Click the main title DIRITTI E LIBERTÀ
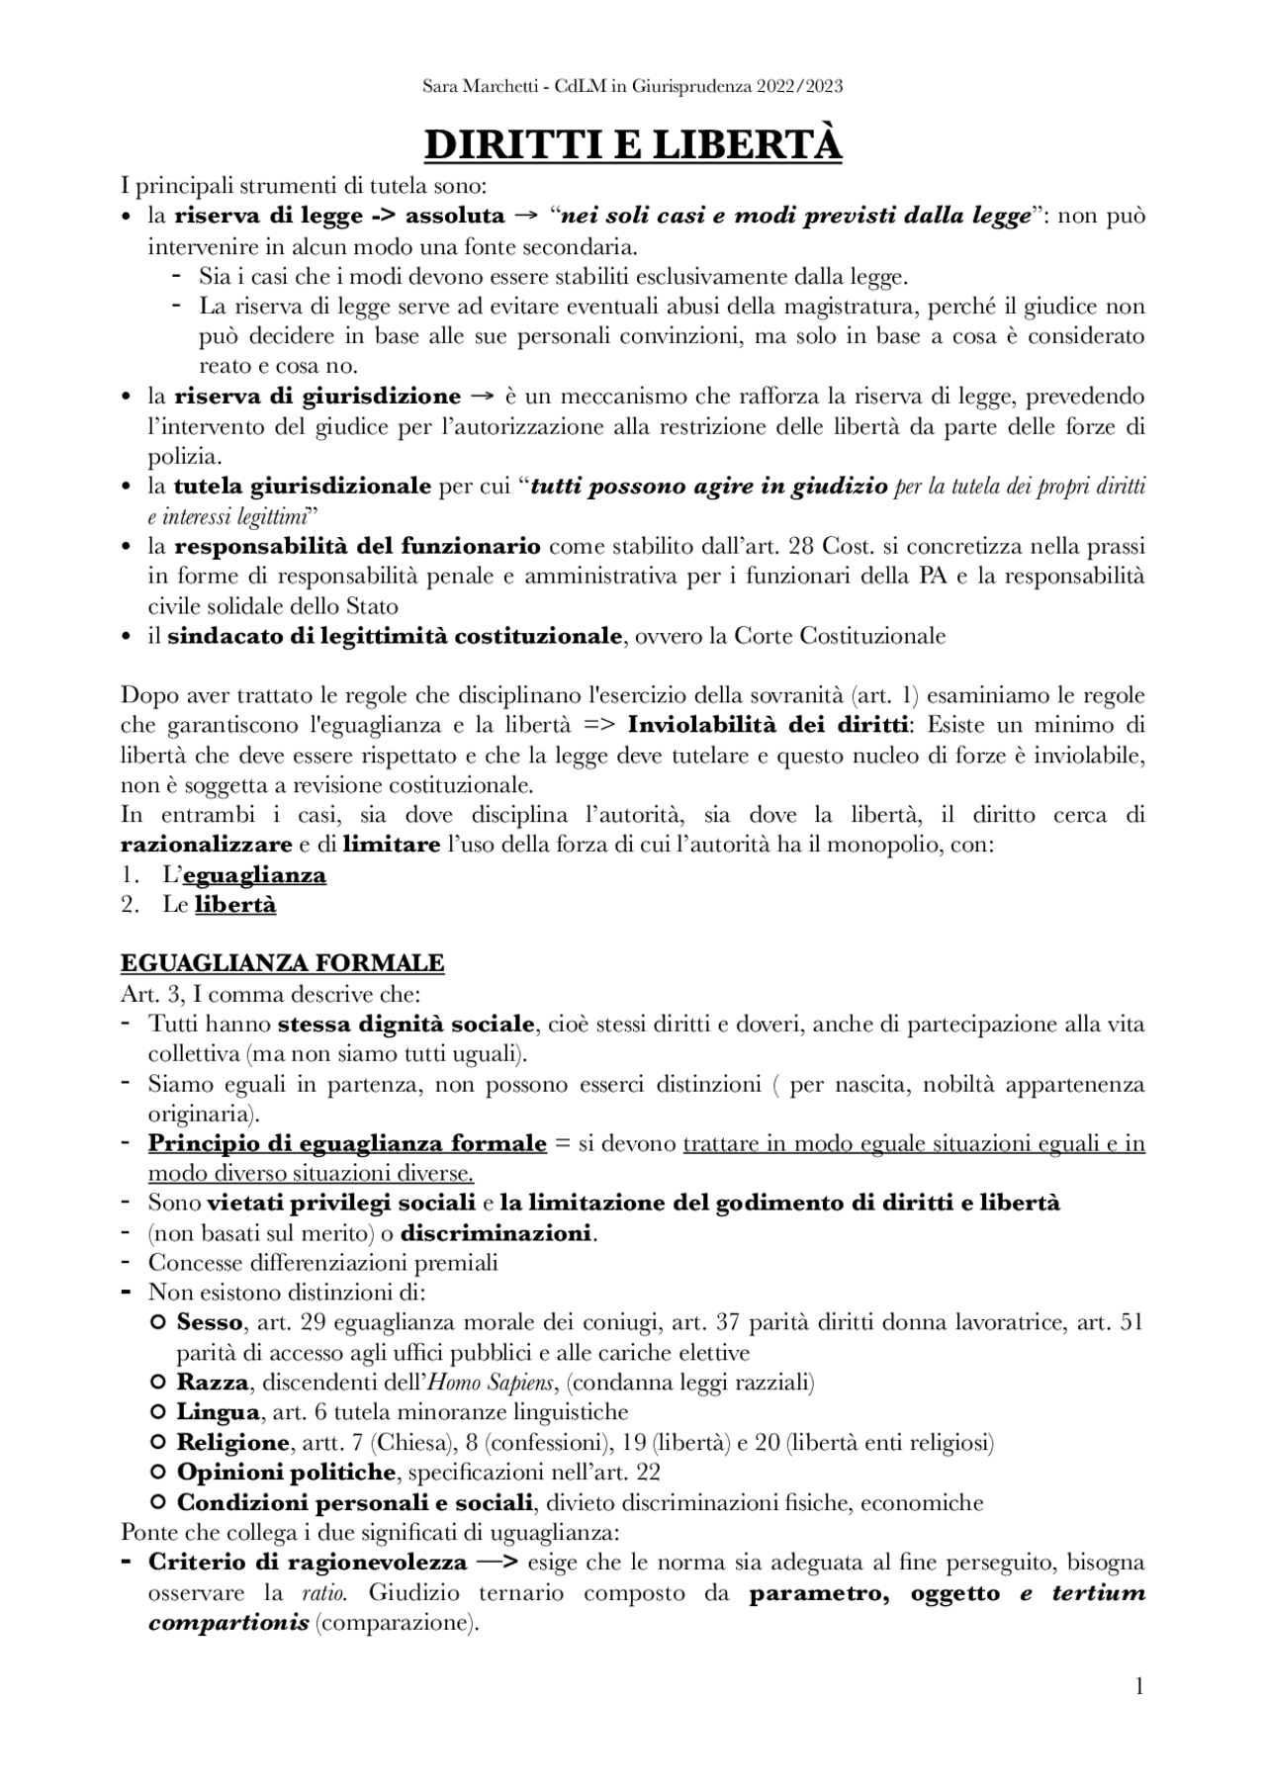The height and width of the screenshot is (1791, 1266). pos(633,145)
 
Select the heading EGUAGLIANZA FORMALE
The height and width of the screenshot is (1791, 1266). pos(282,962)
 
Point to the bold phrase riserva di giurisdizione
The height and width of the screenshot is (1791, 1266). pos(317,397)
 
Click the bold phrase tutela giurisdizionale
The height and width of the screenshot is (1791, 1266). pos(303,487)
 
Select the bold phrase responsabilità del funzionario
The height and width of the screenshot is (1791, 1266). pos(357,546)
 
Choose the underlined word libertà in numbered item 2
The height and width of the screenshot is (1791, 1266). pos(235,905)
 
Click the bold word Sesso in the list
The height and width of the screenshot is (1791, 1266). pos(209,1322)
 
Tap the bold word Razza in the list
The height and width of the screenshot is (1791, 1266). pos(212,1382)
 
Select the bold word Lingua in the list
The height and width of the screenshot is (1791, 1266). pos(218,1412)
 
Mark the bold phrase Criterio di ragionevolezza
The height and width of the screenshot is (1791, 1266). pos(308,1563)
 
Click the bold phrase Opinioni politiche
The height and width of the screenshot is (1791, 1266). pos(286,1473)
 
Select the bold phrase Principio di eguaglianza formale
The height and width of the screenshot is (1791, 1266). pos(347,1143)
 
